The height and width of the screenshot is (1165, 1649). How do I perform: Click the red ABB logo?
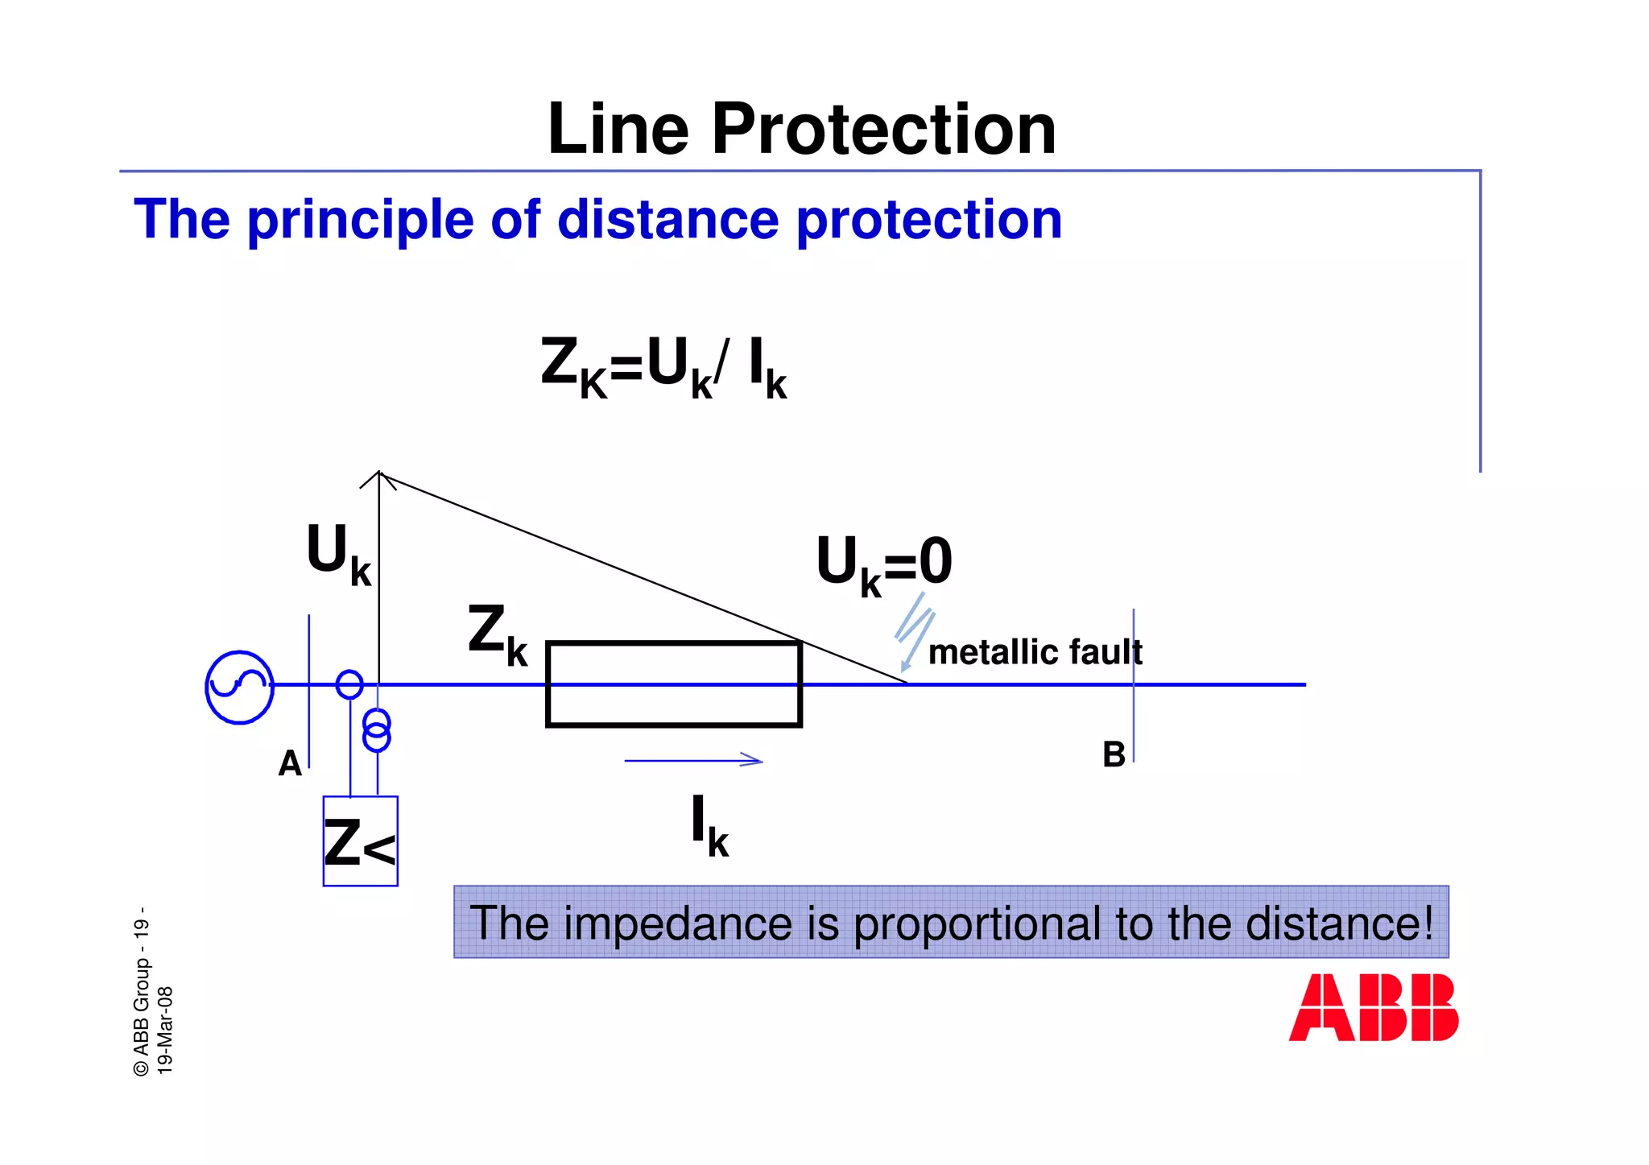pyautogui.click(x=1373, y=1007)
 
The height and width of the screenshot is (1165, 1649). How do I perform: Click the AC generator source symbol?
pyautogui.click(x=239, y=687)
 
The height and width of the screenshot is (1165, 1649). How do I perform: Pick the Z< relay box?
pyautogui.click(x=360, y=841)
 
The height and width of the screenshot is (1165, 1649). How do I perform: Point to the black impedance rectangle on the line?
pyautogui.click(x=673, y=684)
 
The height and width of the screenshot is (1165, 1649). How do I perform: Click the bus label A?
pyautogui.click(x=290, y=763)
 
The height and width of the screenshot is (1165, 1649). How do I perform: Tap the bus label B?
pyautogui.click(x=1114, y=755)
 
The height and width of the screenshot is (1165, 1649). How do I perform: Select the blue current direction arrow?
pyautogui.click(x=693, y=760)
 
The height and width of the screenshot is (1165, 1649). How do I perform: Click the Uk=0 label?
pyautogui.click(x=884, y=564)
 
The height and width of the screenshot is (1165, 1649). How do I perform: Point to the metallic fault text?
pyautogui.click(x=1035, y=652)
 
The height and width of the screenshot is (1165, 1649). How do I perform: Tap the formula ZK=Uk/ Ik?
pyautogui.click(x=663, y=367)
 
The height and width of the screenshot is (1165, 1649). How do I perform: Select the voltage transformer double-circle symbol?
pyautogui.click(x=377, y=729)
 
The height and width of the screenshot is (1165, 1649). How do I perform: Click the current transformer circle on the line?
pyautogui.click(x=349, y=684)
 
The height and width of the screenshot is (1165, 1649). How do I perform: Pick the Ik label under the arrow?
pyautogui.click(x=709, y=825)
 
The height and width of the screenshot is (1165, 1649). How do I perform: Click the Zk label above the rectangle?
pyautogui.click(x=498, y=635)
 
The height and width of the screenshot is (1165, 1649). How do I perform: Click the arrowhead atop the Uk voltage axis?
pyautogui.click(x=378, y=478)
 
